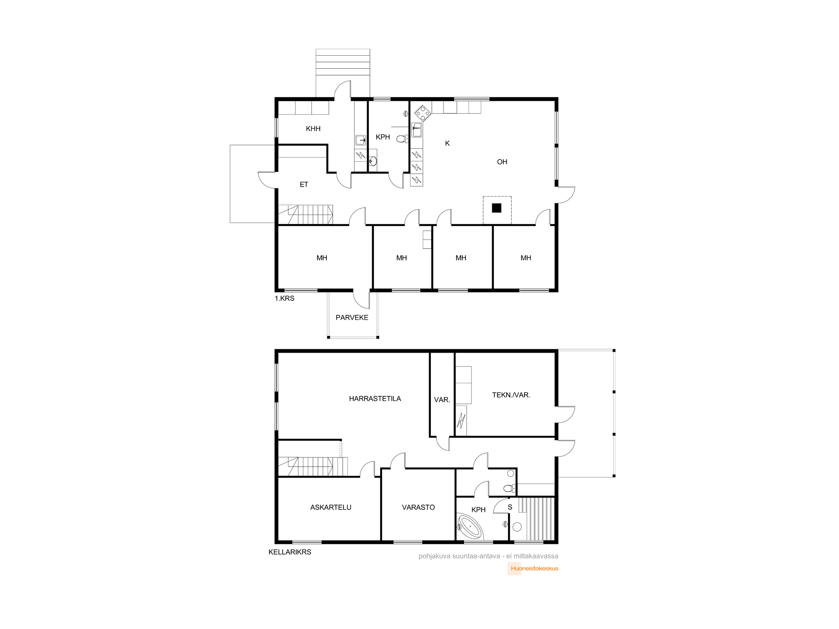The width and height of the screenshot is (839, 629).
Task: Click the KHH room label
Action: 313,129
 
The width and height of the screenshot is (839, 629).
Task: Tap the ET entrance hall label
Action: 304,185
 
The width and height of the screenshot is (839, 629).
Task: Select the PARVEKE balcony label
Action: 352,317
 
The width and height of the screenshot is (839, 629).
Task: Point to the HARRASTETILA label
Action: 375,399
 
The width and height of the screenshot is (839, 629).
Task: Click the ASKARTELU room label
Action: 331,507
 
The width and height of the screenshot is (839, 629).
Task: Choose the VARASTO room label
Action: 418,507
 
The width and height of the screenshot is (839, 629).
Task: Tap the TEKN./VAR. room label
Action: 511,395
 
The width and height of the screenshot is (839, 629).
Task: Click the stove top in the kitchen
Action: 422,113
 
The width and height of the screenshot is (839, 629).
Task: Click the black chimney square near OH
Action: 497,208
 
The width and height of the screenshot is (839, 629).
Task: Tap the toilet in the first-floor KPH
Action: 402,139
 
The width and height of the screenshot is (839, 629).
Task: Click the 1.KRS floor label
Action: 284,299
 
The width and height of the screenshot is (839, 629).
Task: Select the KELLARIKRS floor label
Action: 290,552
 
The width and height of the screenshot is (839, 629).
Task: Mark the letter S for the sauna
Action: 510,507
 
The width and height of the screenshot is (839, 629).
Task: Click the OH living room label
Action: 502,162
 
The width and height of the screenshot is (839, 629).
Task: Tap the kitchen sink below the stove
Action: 417,130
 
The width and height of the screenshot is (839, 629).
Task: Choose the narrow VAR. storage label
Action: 442,400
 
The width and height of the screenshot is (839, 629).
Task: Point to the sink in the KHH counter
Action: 360,140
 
